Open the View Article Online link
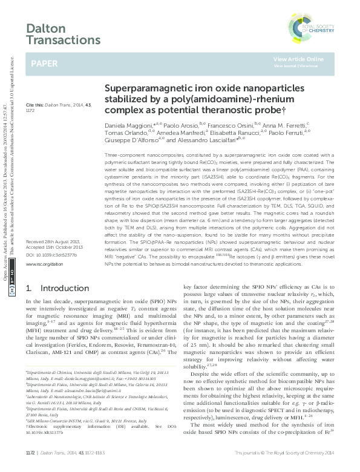tap(298, 59)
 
